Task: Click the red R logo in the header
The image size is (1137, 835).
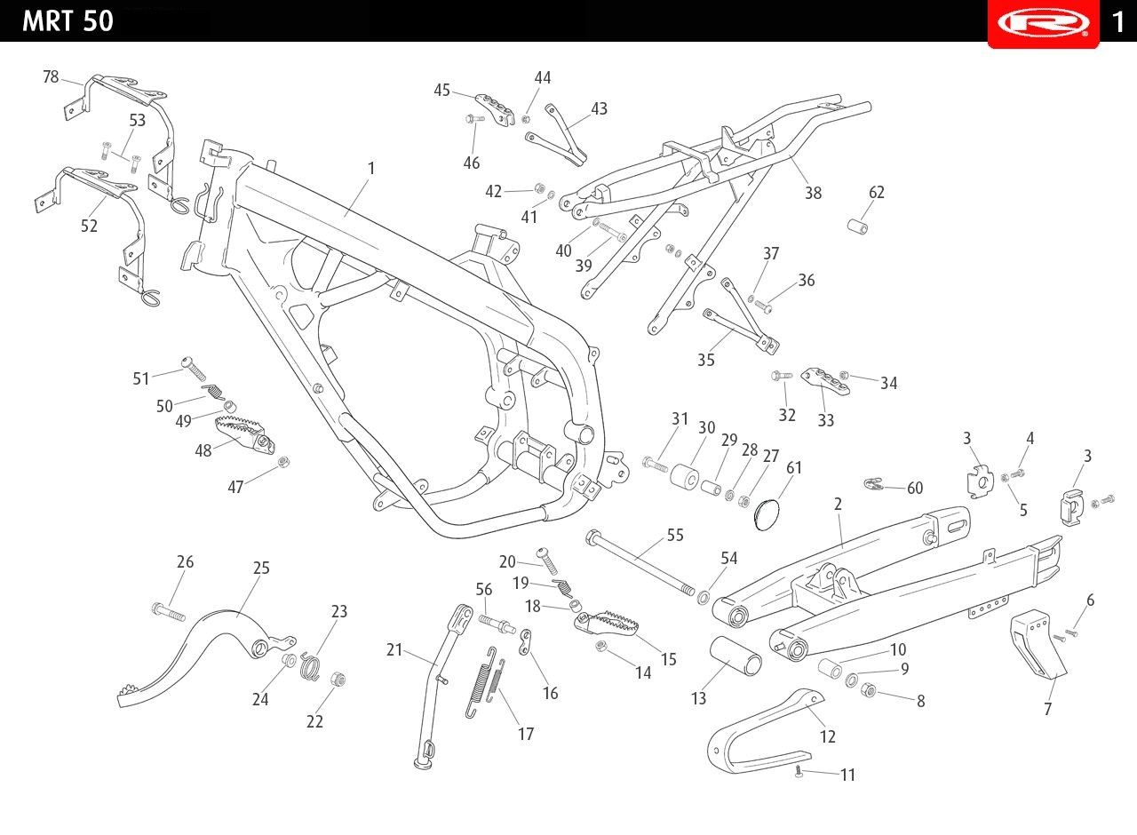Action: (1044, 23)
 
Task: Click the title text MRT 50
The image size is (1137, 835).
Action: (68, 21)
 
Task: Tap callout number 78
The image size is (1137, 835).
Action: (51, 76)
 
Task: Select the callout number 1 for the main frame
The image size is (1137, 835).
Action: (371, 168)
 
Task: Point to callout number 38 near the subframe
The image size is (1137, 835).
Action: (813, 193)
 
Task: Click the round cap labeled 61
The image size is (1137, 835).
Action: (767, 514)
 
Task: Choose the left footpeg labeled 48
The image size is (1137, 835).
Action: (244, 433)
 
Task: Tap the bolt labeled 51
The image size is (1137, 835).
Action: (194, 368)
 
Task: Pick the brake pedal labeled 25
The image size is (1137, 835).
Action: (205, 658)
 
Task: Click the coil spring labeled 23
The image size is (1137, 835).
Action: (309, 666)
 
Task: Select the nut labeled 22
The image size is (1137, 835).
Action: (338, 680)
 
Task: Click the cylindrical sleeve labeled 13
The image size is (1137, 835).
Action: (735, 656)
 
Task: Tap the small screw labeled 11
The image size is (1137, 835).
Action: (799, 773)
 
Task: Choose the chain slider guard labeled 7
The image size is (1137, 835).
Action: (1037, 645)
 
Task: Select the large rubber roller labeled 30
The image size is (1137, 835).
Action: (684, 475)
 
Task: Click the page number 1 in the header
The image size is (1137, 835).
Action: (1118, 22)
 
